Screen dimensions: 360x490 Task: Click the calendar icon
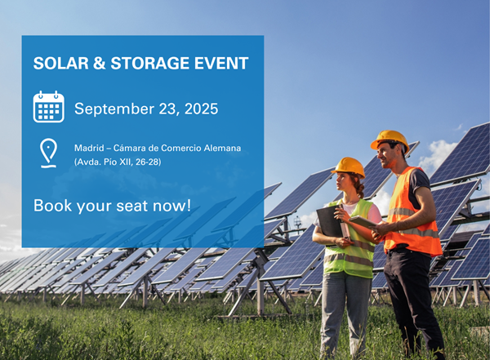tap(48, 107)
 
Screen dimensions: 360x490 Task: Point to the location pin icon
tap(49, 153)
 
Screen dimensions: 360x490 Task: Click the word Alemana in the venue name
tap(222, 148)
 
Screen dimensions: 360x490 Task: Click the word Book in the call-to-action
tap(50, 205)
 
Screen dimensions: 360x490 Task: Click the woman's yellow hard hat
tap(349, 166)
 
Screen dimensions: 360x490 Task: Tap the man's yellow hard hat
tap(390, 140)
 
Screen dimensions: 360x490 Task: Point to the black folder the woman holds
tap(329, 220)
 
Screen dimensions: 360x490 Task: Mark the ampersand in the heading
tap(88, 64)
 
